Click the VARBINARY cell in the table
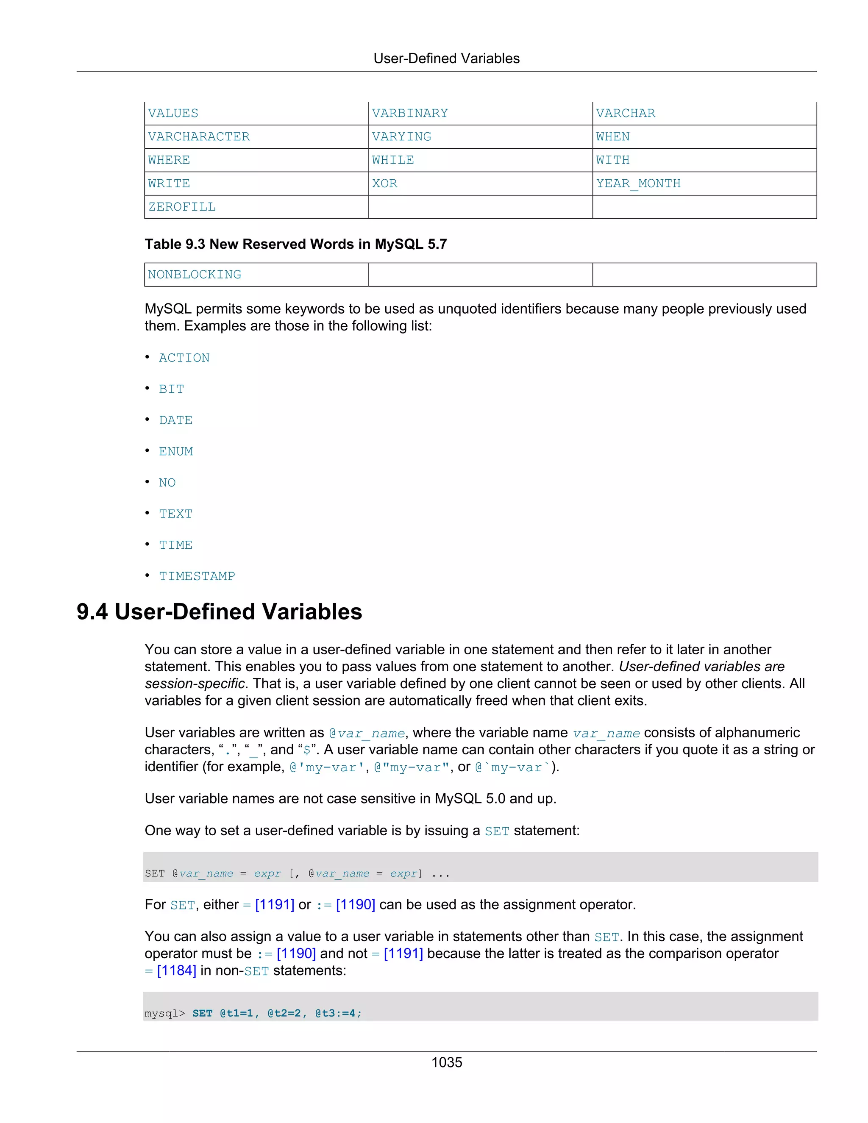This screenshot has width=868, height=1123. (410, 113)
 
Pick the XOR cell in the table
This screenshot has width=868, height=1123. (385, 183)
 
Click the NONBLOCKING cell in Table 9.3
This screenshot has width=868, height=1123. (195, 275)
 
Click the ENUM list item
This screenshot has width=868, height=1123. (175, 451)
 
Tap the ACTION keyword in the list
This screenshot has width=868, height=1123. (184, 358)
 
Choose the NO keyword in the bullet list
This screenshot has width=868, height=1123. (167, 483)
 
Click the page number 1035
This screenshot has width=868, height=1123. (446, 1062)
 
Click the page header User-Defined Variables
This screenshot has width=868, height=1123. (446, 58)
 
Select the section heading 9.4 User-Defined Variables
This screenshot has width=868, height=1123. (219, 612)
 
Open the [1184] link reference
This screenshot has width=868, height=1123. (176, 971)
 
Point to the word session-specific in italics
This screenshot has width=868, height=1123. (195, 684)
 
